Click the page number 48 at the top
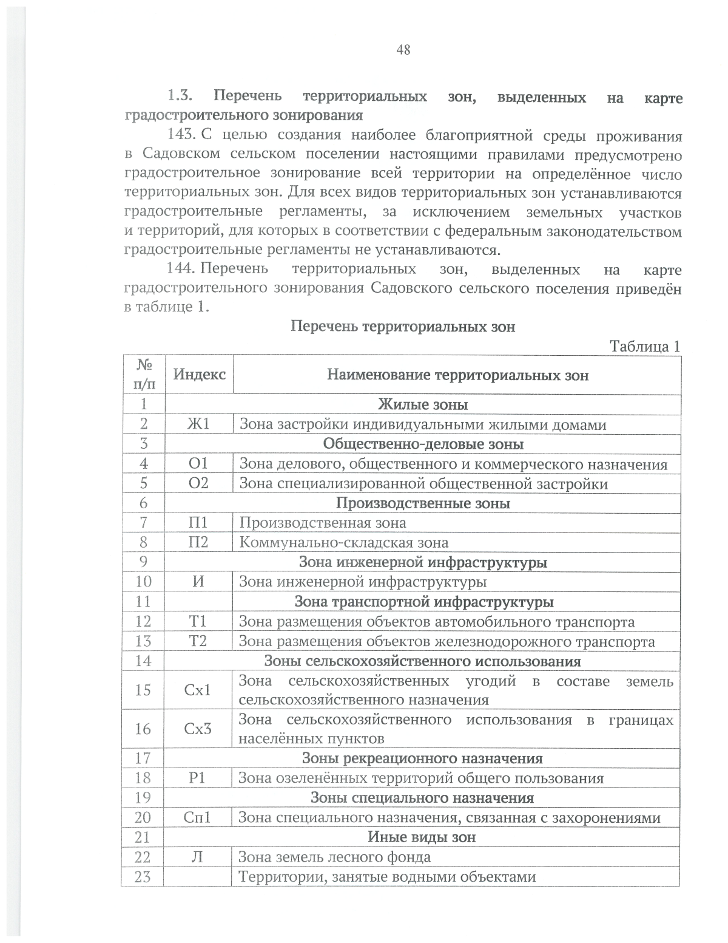(403, 50)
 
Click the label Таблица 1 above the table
(645, 346)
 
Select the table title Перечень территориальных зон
(403, 327)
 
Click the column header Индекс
(199, 374)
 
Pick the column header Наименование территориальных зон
(457, 375)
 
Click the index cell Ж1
(198, 424)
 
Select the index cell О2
(198, 483)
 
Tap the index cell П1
(198, 522)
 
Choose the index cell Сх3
(198, 729)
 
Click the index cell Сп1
(198, 817)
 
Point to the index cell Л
(198, 857)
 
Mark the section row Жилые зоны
(423, 404)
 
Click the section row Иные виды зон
(422, 837)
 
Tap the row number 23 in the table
(143, 876)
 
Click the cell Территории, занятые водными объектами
(387, 877)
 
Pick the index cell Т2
(198, 641)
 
